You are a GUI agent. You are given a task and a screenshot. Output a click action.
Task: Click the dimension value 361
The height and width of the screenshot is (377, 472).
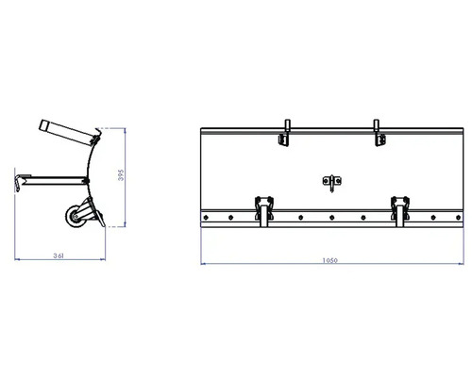[59, 255]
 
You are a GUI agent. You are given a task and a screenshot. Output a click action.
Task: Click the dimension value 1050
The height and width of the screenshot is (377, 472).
[329, 261]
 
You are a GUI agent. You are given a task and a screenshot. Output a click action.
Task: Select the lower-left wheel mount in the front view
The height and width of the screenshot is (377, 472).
[262, 207]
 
